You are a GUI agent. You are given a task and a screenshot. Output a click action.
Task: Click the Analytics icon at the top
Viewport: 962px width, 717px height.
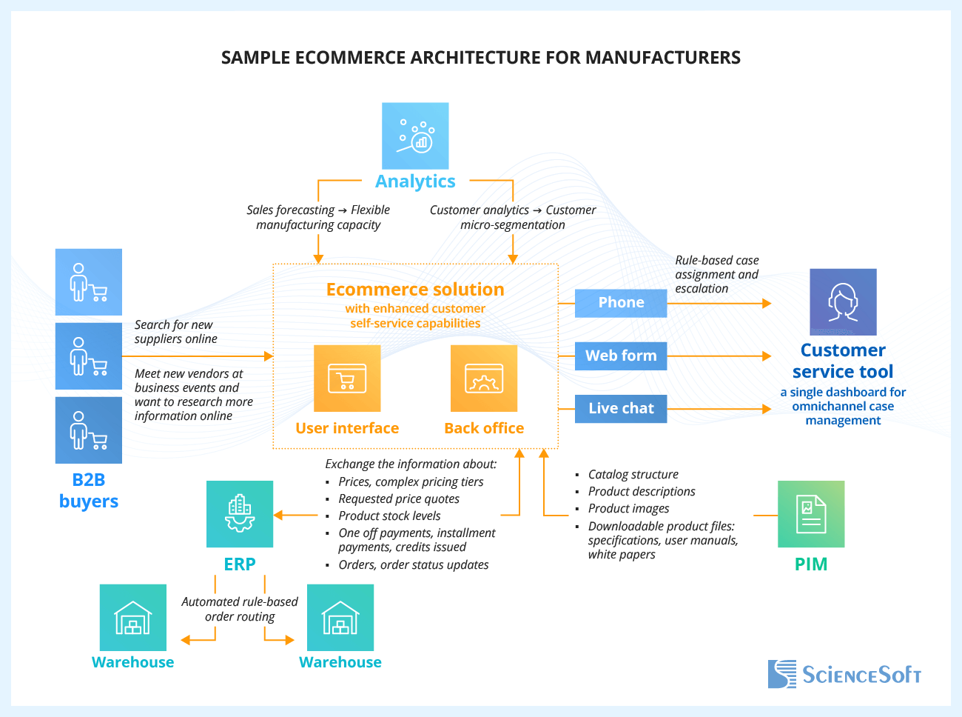(415, 136)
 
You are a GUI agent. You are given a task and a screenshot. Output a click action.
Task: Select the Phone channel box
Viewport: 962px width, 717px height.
(621, 303)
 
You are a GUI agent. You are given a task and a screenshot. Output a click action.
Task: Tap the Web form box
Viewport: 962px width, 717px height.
(621, 356)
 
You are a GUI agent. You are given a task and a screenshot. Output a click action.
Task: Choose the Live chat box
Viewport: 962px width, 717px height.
(621, 409)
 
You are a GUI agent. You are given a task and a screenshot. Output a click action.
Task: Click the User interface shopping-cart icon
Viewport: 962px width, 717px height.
(347, 378)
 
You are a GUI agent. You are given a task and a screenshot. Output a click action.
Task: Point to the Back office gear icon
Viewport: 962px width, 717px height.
(484, 378)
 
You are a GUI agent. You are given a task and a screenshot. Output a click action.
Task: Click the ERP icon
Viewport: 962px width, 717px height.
(240, 514)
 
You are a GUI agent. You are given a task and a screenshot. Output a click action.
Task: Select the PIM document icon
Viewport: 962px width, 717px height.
(811, 514)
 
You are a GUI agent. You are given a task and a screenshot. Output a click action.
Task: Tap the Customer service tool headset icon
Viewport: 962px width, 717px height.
(843, 302)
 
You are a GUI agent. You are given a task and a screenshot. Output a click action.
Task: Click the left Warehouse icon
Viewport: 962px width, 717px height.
(133, 618)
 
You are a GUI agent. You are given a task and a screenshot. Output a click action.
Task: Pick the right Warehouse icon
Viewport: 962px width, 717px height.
(340, 618)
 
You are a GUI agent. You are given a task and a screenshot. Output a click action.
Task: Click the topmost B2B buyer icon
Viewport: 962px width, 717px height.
(89, 282)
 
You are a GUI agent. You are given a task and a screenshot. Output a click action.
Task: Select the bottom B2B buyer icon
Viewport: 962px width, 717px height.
(89, 430)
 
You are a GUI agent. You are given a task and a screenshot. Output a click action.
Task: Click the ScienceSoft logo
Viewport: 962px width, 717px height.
(844, 674)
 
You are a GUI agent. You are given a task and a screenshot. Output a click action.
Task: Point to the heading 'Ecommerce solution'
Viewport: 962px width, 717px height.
(415, 290)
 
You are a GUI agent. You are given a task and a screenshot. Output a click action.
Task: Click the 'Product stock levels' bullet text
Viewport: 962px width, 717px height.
(389, 516)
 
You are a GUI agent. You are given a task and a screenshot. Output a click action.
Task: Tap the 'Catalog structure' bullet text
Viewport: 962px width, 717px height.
(633, 475)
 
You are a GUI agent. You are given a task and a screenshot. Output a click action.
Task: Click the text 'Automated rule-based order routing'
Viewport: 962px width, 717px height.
(240, 610)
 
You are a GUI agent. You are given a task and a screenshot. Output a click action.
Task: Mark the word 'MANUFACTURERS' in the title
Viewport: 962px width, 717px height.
(663, 58)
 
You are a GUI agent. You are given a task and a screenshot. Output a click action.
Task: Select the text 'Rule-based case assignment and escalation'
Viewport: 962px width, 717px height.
(716, 275)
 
